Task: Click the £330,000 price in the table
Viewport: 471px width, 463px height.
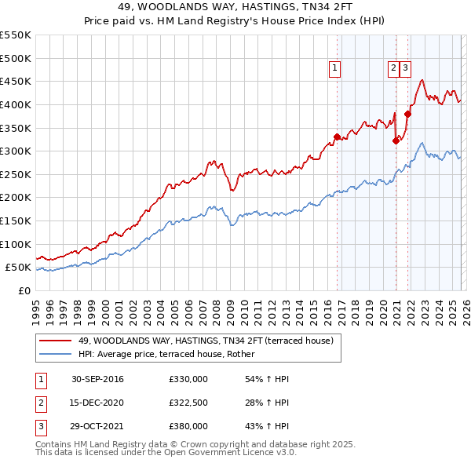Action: tap(188, 379)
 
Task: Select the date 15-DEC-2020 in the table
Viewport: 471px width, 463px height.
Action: tap(98, 403)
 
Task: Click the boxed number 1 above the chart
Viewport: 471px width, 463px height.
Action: tap(334, 68)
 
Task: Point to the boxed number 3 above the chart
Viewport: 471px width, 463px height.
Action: tap(405, 68)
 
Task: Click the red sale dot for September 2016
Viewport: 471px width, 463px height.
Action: tap(338, 137)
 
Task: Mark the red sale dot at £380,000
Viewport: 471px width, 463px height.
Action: tap(408, 114)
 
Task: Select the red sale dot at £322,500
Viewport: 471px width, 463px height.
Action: tap(396, 140)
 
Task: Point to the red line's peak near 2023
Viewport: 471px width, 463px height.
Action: tap(422, 80)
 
